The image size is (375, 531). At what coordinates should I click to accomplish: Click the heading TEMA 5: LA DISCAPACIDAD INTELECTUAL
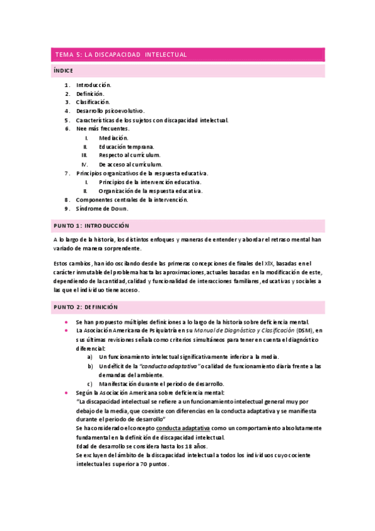click(x=121, y=54)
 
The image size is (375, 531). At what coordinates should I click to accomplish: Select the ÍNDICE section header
click(x=64, y=71)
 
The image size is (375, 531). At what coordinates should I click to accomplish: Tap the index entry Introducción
click(x=93, y=85)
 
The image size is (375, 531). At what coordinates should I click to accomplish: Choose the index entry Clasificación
click(x=93, y=102)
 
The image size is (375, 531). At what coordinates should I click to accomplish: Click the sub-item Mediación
click(x=113, y=138)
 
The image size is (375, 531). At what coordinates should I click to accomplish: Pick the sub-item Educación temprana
click(x=126, y=147)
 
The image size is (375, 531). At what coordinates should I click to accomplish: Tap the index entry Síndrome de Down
click(x=101, y=209)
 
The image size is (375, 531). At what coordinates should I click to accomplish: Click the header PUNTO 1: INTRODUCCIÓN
click(x=91, y=225)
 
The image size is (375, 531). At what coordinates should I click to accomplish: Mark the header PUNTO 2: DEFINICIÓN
click(x=86, y=307)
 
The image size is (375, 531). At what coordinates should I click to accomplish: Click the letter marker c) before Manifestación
click(x=90, y=384)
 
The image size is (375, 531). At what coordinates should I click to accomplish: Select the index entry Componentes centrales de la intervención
click(x=132, y=200)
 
